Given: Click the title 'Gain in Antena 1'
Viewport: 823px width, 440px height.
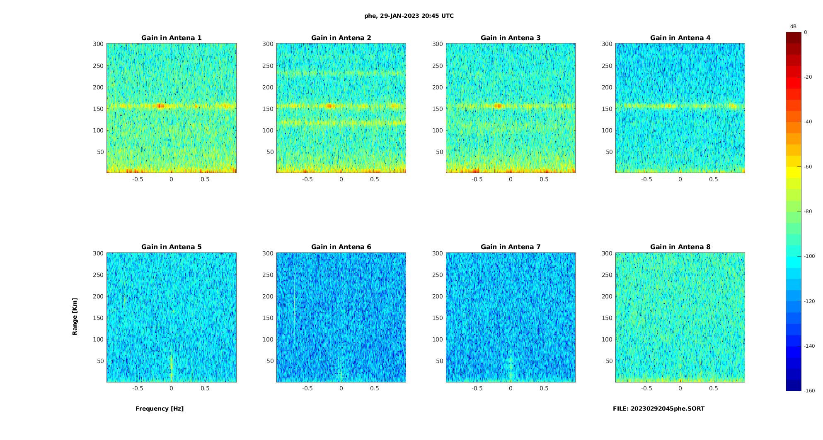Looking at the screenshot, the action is tap(171, 38).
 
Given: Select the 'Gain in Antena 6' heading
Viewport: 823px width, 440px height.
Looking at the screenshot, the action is tap(341, 247).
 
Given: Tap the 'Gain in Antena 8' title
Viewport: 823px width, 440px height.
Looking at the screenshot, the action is tap(680, 247).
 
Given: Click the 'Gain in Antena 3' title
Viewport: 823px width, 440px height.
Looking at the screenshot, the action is tap(511, 38).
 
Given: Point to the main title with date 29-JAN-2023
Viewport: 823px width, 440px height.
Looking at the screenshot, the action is tap(409, 16).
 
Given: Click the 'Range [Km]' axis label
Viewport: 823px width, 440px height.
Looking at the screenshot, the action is tap(75, 316).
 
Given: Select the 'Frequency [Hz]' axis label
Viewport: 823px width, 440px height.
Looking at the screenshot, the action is tap(160, 409).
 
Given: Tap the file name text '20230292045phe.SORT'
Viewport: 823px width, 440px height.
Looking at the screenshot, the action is tap(667, 409).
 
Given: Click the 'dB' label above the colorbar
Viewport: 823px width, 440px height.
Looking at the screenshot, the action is tap(793, 26).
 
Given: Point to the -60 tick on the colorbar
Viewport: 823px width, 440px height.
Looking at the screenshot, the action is tap(808, 167).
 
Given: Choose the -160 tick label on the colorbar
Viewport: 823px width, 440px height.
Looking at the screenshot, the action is tap(809, 391).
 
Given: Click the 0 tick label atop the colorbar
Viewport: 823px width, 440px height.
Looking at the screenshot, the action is tap(806, 32).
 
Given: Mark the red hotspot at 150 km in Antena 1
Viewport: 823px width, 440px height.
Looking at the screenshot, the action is tap(160, 106).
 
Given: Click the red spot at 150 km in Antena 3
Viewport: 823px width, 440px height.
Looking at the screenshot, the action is tap(499, 106).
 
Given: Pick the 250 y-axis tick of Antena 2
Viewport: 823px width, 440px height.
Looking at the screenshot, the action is tap(268, 66).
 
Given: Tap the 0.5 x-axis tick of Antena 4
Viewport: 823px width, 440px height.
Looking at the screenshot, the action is tap(713, 179).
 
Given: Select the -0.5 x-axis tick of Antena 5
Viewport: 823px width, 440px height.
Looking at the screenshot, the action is tap(138, 388).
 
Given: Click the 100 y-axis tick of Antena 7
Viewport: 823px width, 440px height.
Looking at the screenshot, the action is tap(437, 339).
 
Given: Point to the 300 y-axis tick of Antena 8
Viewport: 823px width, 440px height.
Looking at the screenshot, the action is tap(607, 253).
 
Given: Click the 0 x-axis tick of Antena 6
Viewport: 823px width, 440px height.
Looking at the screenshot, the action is tap(341, 388).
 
